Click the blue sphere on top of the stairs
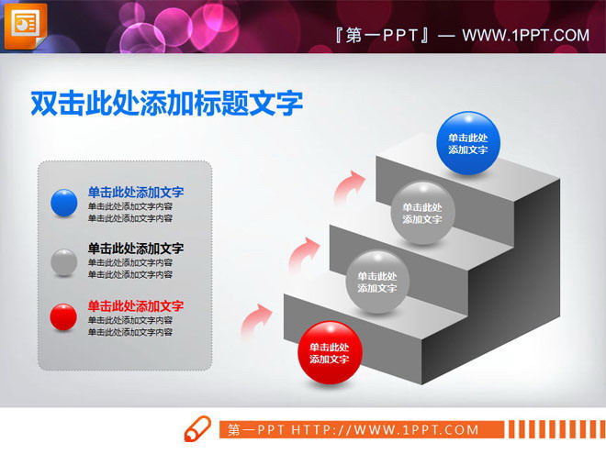tap(467, 143)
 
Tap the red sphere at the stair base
tap(330, 352)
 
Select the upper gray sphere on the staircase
tap(422, 213)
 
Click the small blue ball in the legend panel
tap(64, 203)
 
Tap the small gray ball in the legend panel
tap(64, 260)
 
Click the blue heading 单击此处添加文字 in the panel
tap(136, 193)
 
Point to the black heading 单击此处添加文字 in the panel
tap(136, 249)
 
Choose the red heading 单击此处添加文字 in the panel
tap(136, 305)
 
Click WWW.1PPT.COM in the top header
tap(525, 36)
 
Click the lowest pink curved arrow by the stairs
tap(257, 319)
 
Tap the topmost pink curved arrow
tap(347, 183)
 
